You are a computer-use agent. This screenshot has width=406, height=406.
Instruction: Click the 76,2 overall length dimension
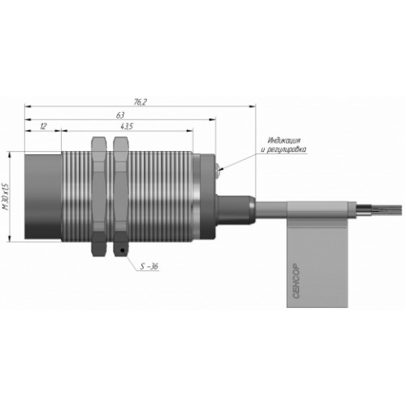[140, 102]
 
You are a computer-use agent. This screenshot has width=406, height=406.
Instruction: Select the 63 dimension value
[120, 115]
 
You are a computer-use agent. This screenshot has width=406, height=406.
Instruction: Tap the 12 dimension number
[43, 126]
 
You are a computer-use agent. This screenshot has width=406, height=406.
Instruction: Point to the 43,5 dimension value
[127, 126]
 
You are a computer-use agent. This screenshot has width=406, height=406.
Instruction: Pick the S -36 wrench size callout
[149, 266]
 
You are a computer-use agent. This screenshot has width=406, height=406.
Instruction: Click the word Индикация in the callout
[284, 140]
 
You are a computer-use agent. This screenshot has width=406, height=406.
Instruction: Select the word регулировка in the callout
[287, 149]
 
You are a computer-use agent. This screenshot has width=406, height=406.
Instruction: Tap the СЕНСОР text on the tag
[296, 280]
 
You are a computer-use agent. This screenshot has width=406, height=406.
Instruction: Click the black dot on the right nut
[123, 250]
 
